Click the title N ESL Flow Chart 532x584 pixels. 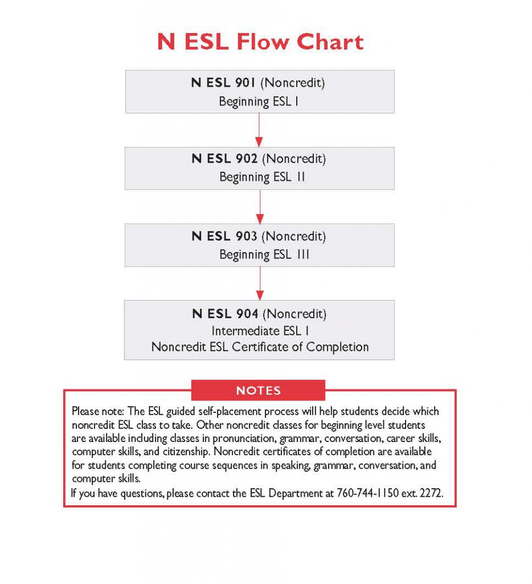click(260, 43)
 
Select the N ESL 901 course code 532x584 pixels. click(224, 83)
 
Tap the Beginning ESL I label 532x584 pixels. click(259, 102)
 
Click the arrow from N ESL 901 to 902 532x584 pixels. click(260, 129)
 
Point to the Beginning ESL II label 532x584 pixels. click(262, 177)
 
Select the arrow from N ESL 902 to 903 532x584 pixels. click(260, 206)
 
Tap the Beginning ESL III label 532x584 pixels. click(264, 254)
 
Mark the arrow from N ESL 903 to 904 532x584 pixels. click(260, 283)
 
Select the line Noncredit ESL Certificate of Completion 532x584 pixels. click(260, 347)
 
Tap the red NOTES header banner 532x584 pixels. click(258, 391)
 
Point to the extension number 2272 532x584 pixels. click(429, 493)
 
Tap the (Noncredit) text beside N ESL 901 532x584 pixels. click(292, 83)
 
